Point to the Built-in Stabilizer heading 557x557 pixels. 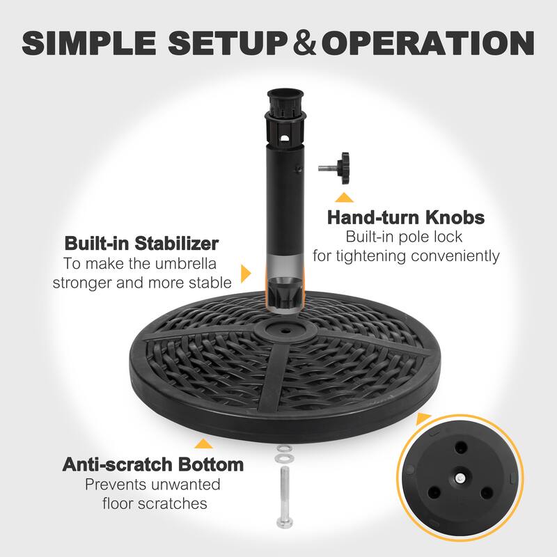pyautogui.click(x=141, y=244)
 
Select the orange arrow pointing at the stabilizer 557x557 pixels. pyautogui.click(x=246, y=273)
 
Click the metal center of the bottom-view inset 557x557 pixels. pyautogui.click(x=461, y=478)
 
